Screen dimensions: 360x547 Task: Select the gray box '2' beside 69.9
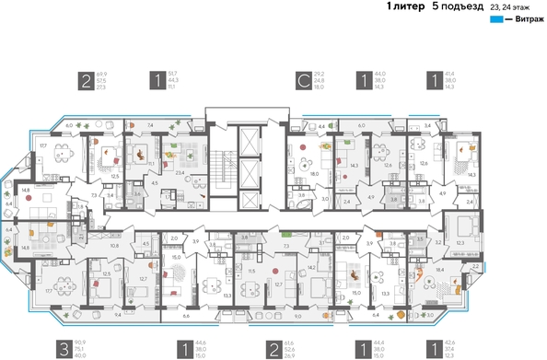coord(87,82)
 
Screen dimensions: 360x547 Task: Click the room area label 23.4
coord(181,172)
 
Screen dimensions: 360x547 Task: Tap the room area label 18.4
coord(439,270)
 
